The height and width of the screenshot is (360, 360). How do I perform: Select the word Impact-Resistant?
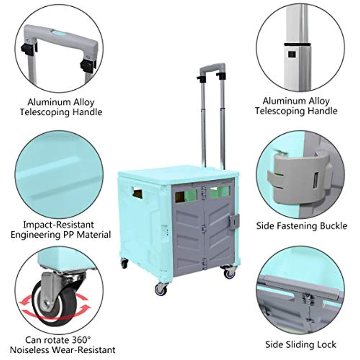coord(59,225)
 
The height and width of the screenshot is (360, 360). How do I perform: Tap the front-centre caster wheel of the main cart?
coord(161,290)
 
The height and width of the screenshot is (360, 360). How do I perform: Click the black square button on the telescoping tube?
coord(292,54)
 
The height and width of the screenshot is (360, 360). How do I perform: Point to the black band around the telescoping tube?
coord(298,44)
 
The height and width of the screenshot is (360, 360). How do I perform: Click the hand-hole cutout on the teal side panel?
coord(137,192)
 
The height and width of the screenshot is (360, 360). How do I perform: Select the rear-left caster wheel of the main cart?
coord(124,263)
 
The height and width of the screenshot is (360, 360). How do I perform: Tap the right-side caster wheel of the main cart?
coord(229,272)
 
